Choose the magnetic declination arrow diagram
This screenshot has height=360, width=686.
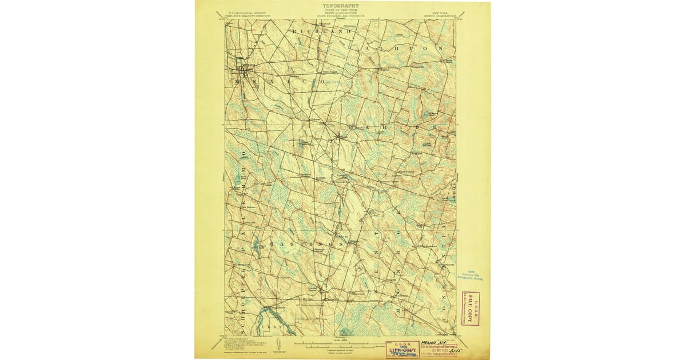277,344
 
